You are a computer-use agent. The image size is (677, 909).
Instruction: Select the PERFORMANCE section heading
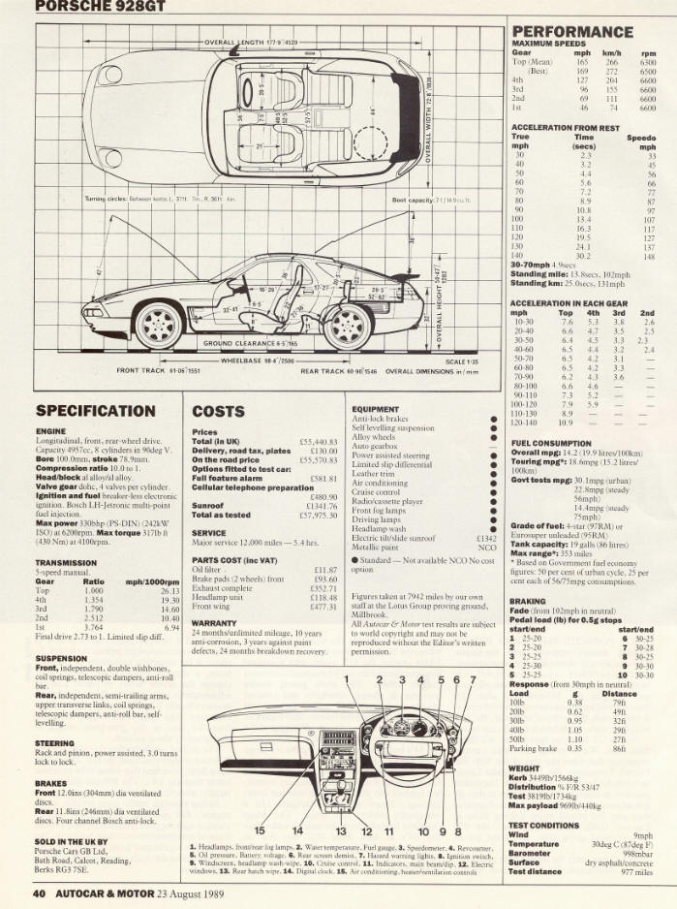click(x=571, y=32)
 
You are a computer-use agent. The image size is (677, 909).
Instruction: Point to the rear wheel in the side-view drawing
click(x=348, y=325)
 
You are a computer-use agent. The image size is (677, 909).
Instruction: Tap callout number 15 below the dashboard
click(x=259, y=831)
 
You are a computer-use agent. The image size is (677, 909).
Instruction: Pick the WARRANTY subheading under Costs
click(x=215, y=623)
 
